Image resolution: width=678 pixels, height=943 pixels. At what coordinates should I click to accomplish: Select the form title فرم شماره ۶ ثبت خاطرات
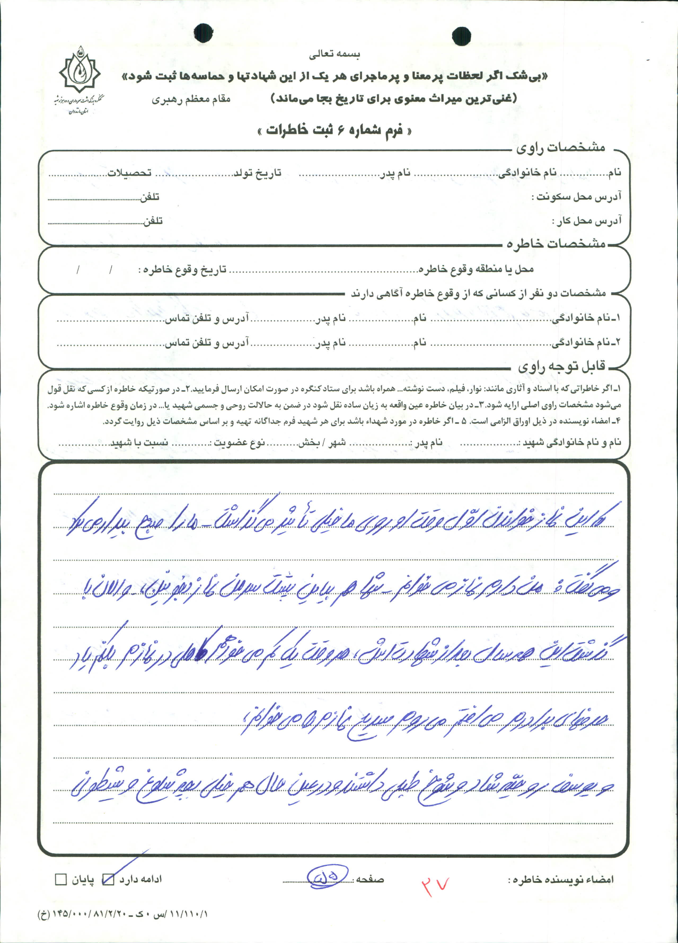(335, 130)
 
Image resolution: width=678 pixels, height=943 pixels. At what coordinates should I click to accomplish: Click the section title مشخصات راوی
(560, 148)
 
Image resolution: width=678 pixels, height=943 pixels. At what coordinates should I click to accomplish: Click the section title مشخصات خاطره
(556, 244)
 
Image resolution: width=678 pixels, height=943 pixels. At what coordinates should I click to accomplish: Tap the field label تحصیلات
(130, 173)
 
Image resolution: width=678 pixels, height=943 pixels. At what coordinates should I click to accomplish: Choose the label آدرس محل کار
(587, 220)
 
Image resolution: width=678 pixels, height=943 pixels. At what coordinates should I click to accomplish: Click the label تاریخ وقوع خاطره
(183, 269)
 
